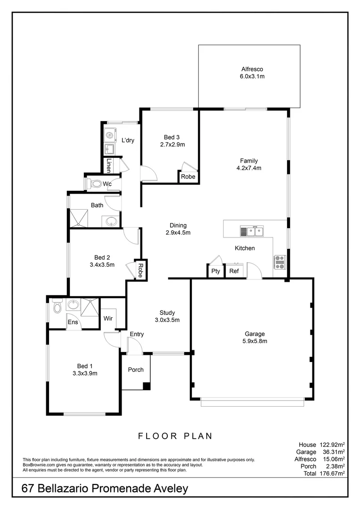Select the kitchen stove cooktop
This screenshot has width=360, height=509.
coord(279,262)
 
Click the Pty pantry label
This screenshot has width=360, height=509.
coord(215,271)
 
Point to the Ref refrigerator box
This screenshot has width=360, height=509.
coord(234,271)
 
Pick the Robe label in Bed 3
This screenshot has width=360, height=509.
coord(188,177)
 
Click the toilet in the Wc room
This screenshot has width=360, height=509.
coord(96,184)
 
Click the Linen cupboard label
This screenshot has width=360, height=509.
coord(109,165)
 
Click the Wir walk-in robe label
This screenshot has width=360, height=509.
coord(108,318)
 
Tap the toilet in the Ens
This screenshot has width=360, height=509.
coord(57,307)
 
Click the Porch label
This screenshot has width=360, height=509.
coord(136,369)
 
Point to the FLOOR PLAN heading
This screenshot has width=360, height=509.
coord(175,436)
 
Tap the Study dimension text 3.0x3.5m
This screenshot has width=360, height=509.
coord(167,320)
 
